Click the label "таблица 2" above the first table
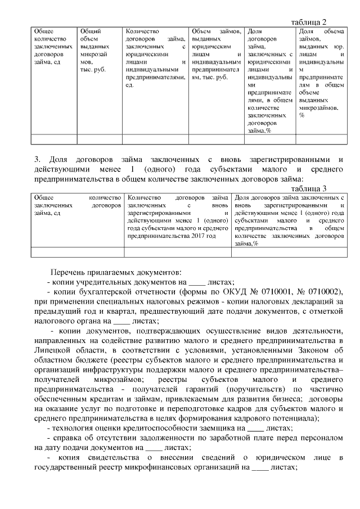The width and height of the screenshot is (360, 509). pos(309,21)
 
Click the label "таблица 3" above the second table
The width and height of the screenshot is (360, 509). pos(309,188)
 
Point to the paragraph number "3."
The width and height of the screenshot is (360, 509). pos(31,160)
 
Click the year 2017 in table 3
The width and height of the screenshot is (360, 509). pos(196,236)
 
